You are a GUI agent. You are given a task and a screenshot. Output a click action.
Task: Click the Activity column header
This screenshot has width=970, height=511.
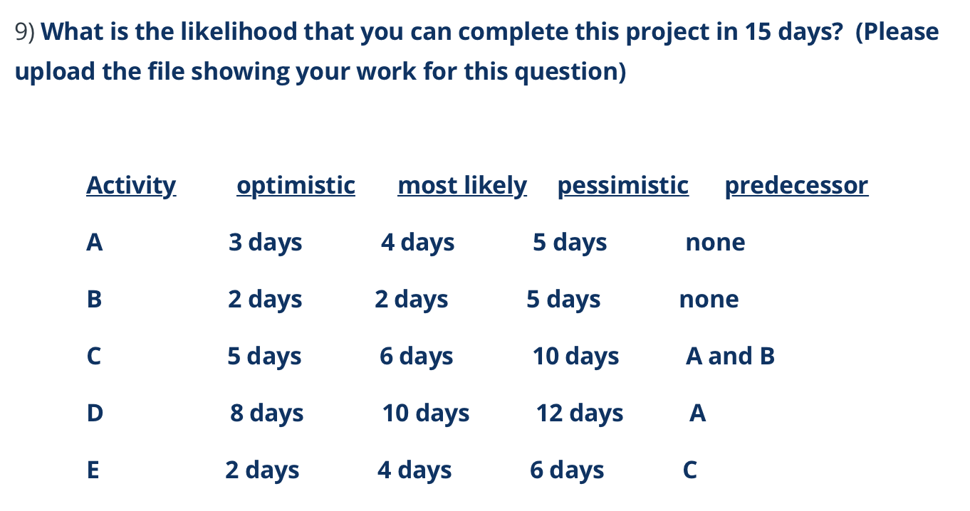(x=131, y=185)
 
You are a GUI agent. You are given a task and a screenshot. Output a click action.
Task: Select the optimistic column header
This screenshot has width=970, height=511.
(x=296, y=185)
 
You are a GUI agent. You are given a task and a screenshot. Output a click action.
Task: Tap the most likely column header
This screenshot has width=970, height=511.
(x=462, y=185)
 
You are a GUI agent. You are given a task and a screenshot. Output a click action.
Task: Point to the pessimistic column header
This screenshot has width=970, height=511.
(x=623, y=185)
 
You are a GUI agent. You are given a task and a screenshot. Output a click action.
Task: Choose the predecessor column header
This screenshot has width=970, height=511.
(x=796, y=185)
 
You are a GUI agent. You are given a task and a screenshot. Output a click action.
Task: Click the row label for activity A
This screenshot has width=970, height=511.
(x=94, y=243)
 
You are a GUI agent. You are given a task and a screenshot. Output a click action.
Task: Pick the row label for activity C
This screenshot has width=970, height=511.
(x=94, y=356)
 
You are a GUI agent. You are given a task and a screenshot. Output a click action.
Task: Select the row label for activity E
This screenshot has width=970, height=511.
(x=93, y=470)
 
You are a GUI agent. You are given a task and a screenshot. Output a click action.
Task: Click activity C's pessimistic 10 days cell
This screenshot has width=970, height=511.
(x=575, y=356)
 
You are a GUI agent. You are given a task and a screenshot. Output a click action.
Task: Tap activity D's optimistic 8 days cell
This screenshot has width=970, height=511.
(x=266, y=413)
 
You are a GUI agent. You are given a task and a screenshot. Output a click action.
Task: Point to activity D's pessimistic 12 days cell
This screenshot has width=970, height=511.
(x=579, y=413)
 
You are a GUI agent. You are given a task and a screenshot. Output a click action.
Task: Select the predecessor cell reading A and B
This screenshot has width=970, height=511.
(x=730, y=356)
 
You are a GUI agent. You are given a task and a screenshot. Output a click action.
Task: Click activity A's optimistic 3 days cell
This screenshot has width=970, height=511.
(x=265, y=243)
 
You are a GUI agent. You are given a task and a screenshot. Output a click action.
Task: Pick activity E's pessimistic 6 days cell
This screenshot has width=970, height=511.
(x=567, y=470)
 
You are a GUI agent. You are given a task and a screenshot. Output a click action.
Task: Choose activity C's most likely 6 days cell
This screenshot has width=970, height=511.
(x=416, y=356)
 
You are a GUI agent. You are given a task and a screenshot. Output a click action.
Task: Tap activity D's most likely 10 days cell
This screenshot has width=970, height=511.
(x=426, y=413)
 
